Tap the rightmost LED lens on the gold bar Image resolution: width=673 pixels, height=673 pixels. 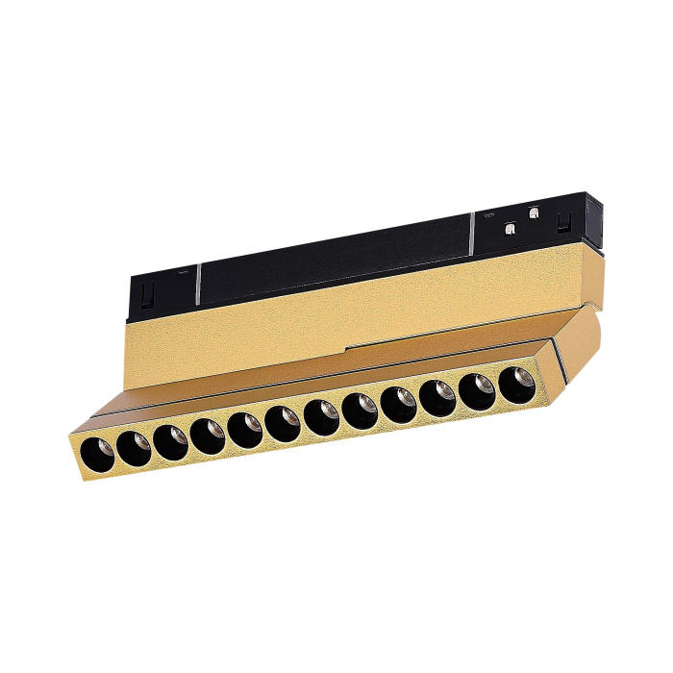pos(519,382)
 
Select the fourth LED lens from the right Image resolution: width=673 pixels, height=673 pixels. pos(398,403)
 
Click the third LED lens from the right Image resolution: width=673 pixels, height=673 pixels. pos(437,396)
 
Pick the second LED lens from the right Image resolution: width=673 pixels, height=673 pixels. pos(478,389)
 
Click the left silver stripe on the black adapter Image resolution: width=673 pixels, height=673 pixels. pos(197,283)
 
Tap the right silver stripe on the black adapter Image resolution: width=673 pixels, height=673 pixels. pos(472,232)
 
